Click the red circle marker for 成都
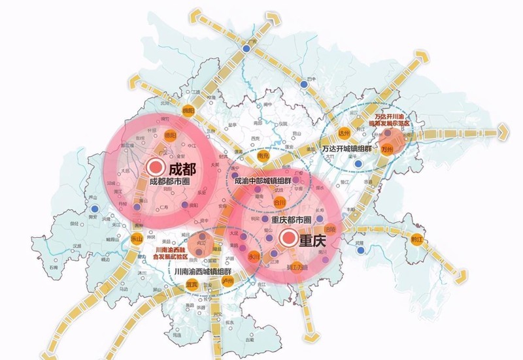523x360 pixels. point(155,167)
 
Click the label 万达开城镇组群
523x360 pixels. point(346,149)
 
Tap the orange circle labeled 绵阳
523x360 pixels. point(189,110)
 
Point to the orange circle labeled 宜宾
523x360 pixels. point(192,285)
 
